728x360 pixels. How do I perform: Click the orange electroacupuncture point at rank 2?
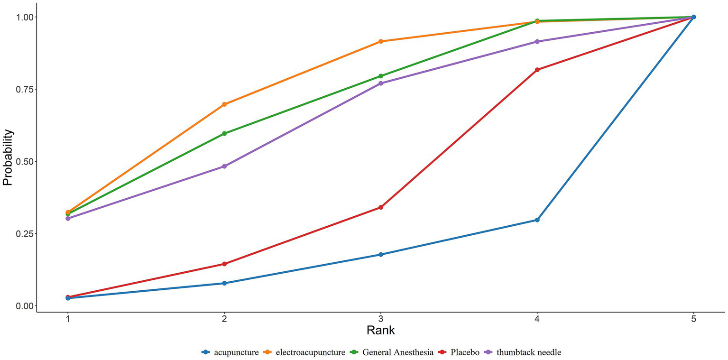point(224,104)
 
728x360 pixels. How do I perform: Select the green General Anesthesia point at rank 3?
point(380,76)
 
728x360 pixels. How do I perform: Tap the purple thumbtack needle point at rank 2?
point(224,166)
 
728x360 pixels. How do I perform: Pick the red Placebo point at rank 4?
point(537,70)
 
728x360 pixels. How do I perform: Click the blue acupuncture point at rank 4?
point(537,220)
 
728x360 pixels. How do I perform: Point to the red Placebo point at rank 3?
point(380,207)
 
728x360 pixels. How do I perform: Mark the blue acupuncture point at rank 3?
point(380,255)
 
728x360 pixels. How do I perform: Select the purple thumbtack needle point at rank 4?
point(537,42)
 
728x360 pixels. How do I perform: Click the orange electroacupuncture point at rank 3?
point(380,41)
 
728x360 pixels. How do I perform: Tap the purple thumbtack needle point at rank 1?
point(68,219)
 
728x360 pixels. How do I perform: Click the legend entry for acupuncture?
point(236,352)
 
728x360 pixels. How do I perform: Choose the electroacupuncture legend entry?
point(311,352)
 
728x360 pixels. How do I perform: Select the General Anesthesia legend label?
point(397,352)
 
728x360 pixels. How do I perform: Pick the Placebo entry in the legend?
point(465,352)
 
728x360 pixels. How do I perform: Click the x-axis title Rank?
point(380,330)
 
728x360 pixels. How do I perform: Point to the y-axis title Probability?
point(8,157)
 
